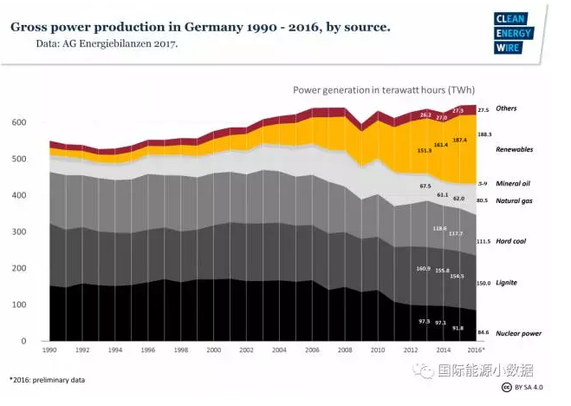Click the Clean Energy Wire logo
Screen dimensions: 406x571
516,32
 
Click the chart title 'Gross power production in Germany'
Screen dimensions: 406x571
199,27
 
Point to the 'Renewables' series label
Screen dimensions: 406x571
514,149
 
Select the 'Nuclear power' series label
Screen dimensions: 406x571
519,332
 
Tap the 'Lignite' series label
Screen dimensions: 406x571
507,283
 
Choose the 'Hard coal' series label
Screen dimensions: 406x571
511,241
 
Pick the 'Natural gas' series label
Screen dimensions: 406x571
514,200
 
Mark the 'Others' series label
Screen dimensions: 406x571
506,109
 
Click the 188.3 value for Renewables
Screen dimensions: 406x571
484,134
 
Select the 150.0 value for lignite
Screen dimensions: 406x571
484,283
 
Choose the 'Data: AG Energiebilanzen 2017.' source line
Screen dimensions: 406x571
107,43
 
